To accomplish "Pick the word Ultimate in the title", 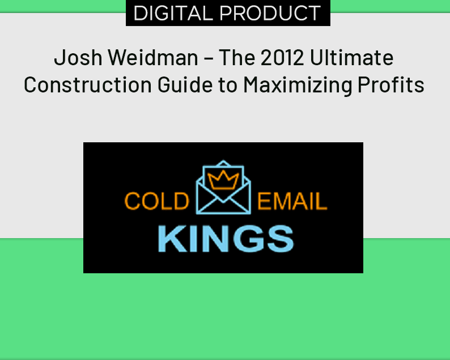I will tap(352, 58).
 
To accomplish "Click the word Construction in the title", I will tap(84, 85).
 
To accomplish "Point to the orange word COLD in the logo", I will tap(156, 202).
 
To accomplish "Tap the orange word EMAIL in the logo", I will tap(292, 202).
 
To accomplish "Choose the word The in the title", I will tap(236, 58).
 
